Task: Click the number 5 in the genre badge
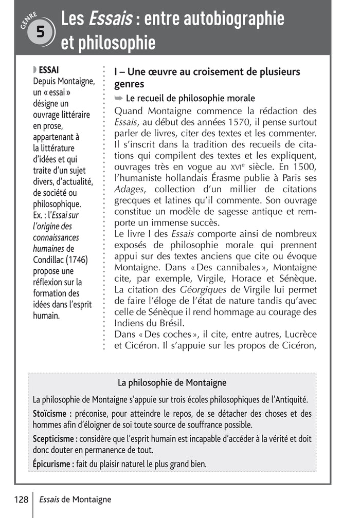pos(40,32)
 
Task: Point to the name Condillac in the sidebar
pos(51,260)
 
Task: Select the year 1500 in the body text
pos(304,166)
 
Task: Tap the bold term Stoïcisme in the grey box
pos(50,413)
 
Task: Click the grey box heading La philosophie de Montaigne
pos(172,383)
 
